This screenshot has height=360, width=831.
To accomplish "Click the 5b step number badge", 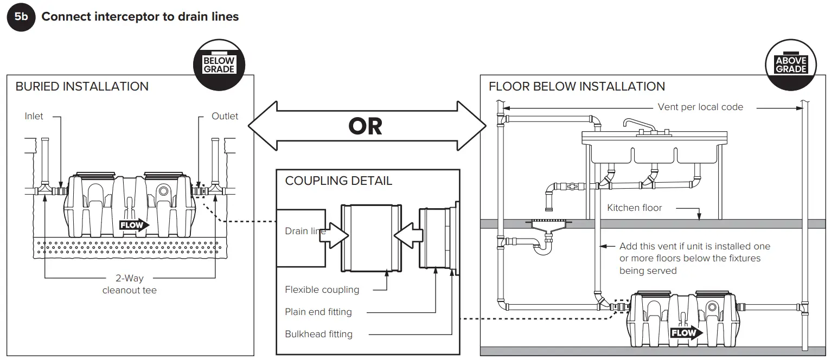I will [21, 17].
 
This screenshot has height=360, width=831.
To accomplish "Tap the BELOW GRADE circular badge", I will [219, 65].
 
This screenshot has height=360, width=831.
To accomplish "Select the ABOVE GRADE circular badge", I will [791, 65].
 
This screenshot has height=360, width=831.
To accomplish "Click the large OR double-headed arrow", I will [366, 126].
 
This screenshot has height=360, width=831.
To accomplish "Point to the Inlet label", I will [34, 116].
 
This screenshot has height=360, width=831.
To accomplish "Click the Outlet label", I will [225, 116].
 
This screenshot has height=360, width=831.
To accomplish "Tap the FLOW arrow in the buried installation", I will [134, 225].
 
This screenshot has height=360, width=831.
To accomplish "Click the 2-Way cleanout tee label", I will [130, 284].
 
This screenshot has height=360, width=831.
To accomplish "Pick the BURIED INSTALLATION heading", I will [82, 87].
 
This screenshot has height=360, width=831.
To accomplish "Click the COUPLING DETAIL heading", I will [338, 181].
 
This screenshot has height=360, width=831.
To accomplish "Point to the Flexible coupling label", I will [322, 290].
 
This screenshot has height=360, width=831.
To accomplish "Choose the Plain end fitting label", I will [318, 312].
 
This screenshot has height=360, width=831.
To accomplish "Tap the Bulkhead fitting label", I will [318, 334].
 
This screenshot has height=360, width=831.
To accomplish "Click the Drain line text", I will [305, 231].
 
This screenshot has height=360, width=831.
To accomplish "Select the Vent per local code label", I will [700, 107].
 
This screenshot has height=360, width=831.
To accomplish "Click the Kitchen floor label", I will [635, 208].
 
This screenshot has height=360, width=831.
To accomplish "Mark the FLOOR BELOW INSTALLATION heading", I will [577, 87].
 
